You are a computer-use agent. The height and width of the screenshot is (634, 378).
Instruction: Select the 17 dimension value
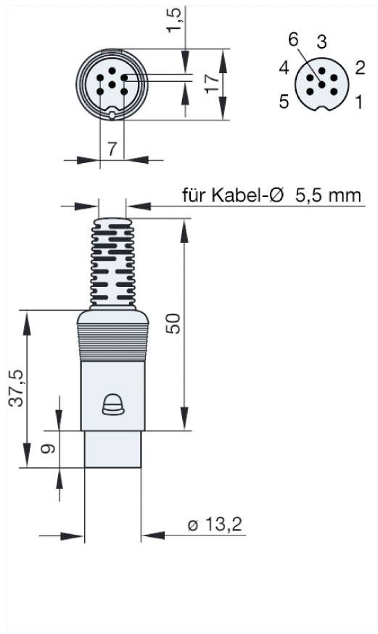click(x=211, y=83)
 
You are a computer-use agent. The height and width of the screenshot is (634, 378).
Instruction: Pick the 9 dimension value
click(x=48, y=449)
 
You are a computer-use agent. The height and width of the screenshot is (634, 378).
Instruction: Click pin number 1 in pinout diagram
click(x=357, y=101)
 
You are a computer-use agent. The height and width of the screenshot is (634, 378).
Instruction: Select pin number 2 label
click(x=359, y=67)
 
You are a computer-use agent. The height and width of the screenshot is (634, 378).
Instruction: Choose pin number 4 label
click(x=284, y=68)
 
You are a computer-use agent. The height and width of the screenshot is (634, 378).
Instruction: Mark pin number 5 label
click(x=284, y=101)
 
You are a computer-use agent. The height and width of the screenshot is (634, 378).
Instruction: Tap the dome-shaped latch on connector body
click(x=112, y=406)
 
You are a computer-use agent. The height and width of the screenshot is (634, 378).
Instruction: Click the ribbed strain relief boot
click(x=112, y=261)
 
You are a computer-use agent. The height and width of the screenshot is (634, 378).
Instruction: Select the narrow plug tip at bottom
click(x=112, y=449)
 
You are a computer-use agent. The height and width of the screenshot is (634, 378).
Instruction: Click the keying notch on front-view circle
click(x=112, y=113)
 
